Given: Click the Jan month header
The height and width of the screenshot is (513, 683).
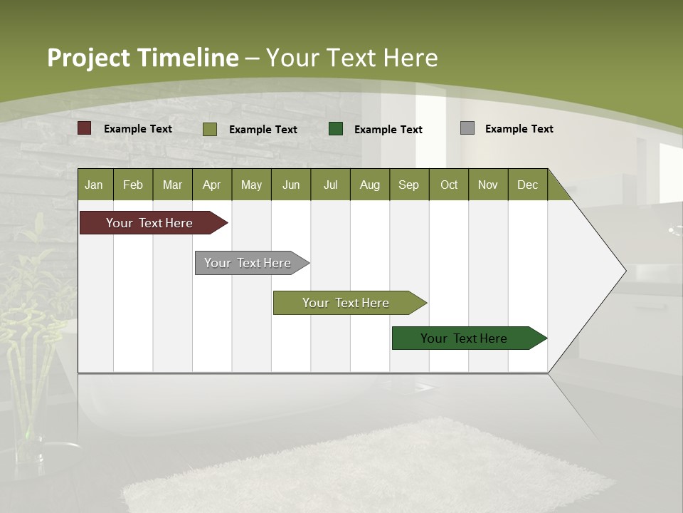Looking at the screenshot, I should pyautogui.click(x=95, y=185).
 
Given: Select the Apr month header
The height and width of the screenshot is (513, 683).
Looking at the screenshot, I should pyautogui.click(x=212, y=185).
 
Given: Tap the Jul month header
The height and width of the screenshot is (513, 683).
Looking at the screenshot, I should pyautogui.click(x=330, y=185).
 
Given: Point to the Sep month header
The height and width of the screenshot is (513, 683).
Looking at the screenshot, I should pyautogui.click(x=409, y=185).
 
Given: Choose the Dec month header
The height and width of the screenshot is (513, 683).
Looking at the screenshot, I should pyautogui.click(x=527, y=185).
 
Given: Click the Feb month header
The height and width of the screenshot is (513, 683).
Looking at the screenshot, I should pyautogui.click(x=133, y=185).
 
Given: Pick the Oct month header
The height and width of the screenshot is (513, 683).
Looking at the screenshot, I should pyautogui.click(x=449, y=185).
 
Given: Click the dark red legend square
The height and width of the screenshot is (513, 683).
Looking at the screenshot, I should pyautogui.click(x=85, y=128).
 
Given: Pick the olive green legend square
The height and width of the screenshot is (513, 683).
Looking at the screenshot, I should pyautogui.click(x=210, y=129).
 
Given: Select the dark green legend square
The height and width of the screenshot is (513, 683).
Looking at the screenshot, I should pyautogui.click(x=336, y=129).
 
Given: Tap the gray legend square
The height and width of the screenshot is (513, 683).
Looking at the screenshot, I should pyautogui.click(x=467, y=128).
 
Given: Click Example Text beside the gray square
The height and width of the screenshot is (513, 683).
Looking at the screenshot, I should pyautogui.click(x=519, y=129).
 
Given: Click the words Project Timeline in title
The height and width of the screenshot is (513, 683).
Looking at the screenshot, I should pyautogui.click(x=142, y=58).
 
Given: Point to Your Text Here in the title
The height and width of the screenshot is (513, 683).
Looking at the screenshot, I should pyautogui.click(x=351, y=58).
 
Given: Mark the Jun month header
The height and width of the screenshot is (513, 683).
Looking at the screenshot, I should pyautogui.click(x=291, y=185).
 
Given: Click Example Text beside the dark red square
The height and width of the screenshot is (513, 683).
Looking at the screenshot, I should pyautogui.click(x=138, y=129).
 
